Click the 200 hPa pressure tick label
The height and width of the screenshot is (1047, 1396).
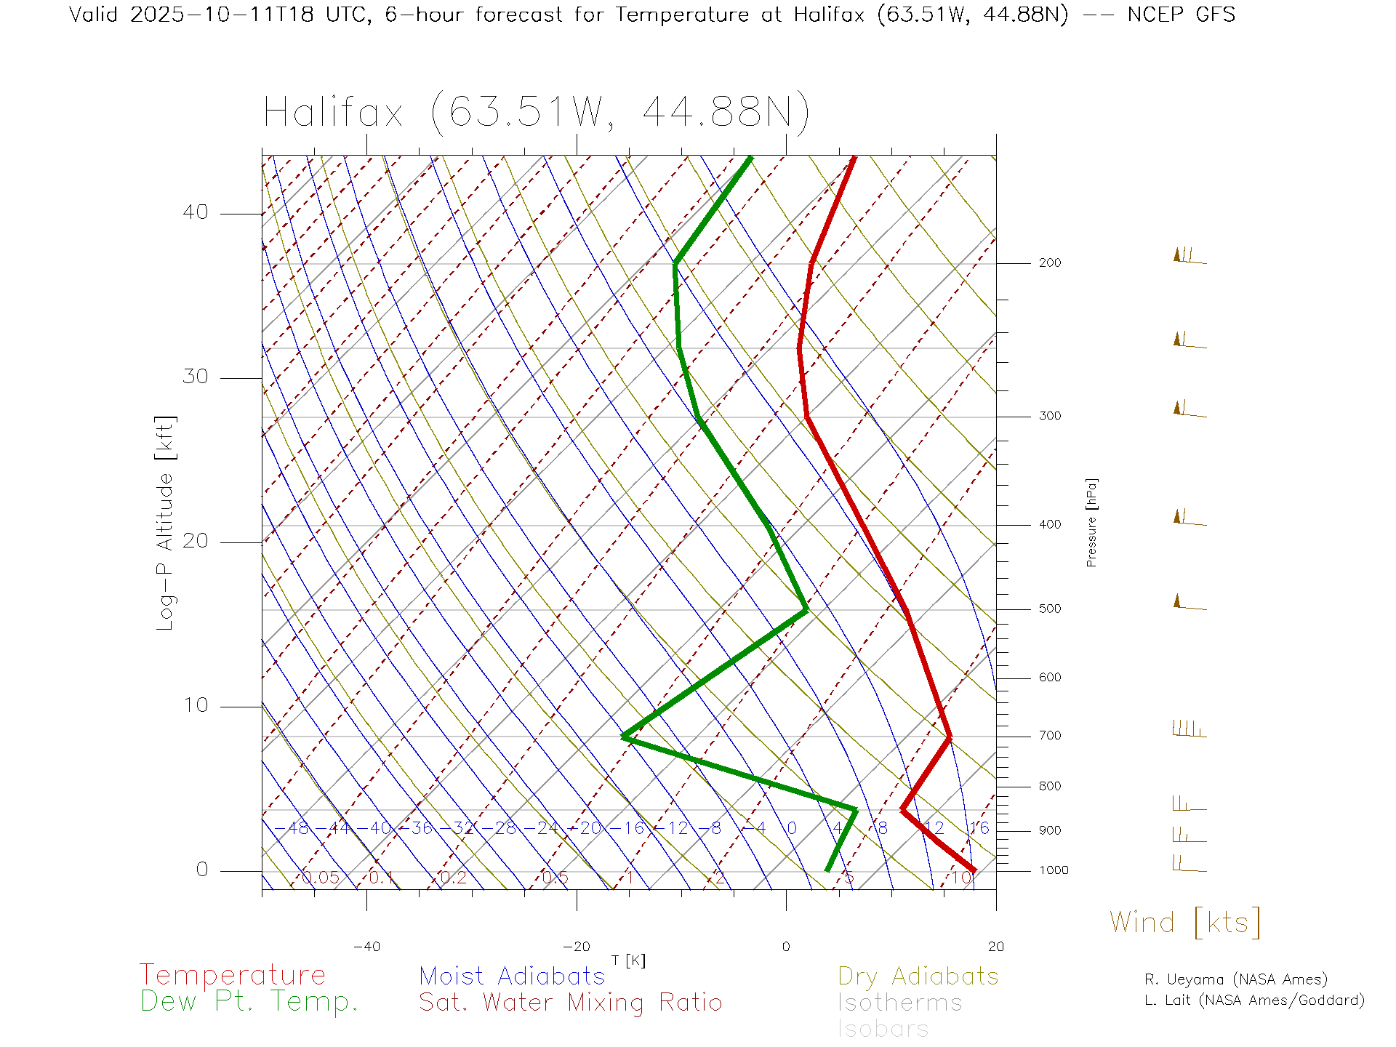tap(1049, 263)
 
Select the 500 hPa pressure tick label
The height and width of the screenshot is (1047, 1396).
tap(1049, 609)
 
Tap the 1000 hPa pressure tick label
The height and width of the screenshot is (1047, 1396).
tap(1054, 870)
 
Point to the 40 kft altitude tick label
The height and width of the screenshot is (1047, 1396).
tap(195, 212)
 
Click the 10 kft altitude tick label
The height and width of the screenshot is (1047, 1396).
tap(195, 705)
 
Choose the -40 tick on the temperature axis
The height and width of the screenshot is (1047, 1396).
tap(366, 947)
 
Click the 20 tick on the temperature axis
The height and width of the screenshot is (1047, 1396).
tap(995, 947)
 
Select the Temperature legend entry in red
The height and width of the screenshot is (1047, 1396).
tap(232, 975)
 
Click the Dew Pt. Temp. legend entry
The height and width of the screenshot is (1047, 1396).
tap(249, 1002)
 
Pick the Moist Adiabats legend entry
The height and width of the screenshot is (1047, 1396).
tap(512, 976)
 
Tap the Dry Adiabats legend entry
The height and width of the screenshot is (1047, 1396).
tap(918, 976)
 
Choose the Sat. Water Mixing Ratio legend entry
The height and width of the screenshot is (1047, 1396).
tap(570, 1003)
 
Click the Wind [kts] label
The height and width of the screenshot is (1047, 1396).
tap(1184, 923)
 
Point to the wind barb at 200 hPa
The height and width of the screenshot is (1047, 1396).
tap(1190, 257)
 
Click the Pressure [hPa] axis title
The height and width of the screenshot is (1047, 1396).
tap(1091, 522)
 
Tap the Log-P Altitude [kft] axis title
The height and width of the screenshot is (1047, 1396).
tap(166, 523)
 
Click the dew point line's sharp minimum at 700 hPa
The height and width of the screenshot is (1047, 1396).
tap(624, 737)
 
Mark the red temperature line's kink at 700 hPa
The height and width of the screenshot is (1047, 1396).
tap(949, 738)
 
